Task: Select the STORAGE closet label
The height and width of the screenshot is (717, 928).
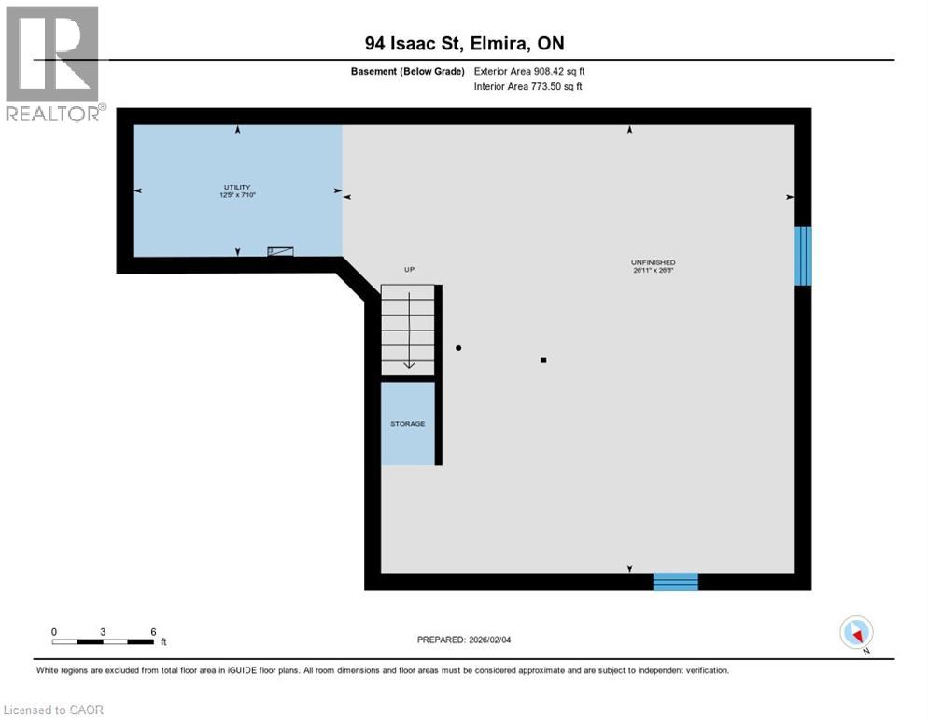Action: point(407,424)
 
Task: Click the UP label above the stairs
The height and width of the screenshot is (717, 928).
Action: point(409,270)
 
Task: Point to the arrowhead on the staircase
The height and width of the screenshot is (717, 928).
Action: point(409,364)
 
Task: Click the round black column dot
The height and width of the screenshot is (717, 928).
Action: point(458,348)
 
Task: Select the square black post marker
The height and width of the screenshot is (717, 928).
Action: point(543,358)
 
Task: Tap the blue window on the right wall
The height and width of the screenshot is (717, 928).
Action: point(802,256)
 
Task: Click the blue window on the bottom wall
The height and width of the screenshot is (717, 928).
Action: point(675,582)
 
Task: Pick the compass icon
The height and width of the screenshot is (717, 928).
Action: point(856,632)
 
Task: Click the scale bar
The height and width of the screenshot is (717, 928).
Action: point(103,641)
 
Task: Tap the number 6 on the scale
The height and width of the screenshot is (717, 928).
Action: point(153,631)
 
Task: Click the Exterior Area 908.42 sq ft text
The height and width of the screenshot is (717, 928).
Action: point(529,71)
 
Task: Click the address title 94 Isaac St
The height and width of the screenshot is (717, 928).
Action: point(464,43)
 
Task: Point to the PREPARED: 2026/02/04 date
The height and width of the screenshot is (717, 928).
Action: point(464,640)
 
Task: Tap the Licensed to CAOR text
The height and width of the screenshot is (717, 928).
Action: point(53,710)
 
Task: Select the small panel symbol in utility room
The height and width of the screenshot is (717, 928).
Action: point(280,251)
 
